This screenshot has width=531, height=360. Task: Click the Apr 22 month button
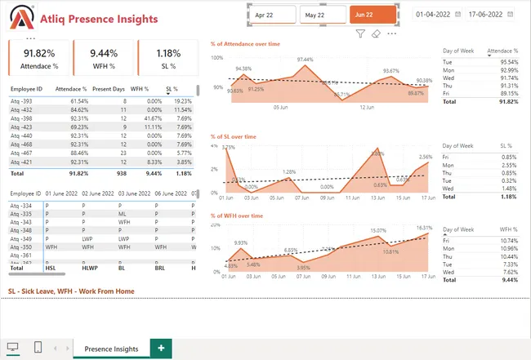click(x=274, y=16)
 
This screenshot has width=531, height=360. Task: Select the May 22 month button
click(x=323, y=16)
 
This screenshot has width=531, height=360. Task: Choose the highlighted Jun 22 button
click(x=373, y=16)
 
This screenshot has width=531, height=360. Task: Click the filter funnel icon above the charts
click(x=360, y=34)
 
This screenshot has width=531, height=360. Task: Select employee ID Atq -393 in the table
click(x=21, y=100)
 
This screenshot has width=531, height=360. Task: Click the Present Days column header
click(x=109, y=87)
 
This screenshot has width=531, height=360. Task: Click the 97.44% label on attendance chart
click(x=305, y=60)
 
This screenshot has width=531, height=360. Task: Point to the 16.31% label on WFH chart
click(x=424, y=228)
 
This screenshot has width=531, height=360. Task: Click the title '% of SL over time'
click(x=237, y=138)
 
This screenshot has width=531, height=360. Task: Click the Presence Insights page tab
click(x=111, y=349)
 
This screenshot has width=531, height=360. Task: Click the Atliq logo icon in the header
click(x=17, y=16)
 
